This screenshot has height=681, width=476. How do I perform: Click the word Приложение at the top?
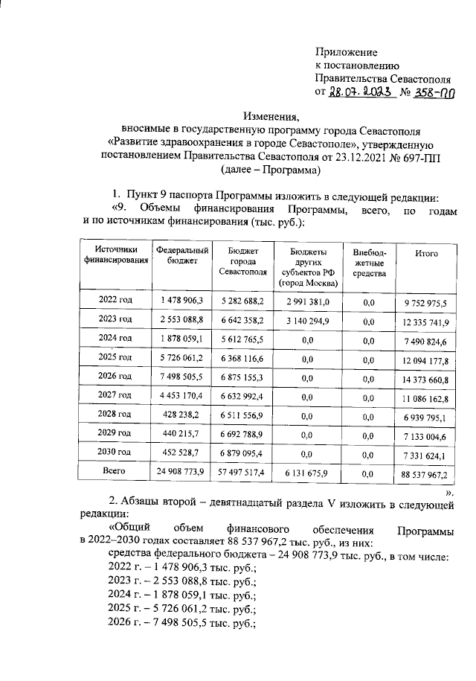[346, 52]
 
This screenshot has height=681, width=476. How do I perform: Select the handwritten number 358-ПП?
[436, 93]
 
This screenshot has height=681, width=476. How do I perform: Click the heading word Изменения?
[271, 116]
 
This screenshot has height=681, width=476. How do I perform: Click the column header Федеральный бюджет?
[181, 255]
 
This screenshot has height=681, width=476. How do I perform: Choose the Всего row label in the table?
[115, 470]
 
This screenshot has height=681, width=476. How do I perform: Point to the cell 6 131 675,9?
[308, 473]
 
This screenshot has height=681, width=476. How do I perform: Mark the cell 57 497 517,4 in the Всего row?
[243, 473]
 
